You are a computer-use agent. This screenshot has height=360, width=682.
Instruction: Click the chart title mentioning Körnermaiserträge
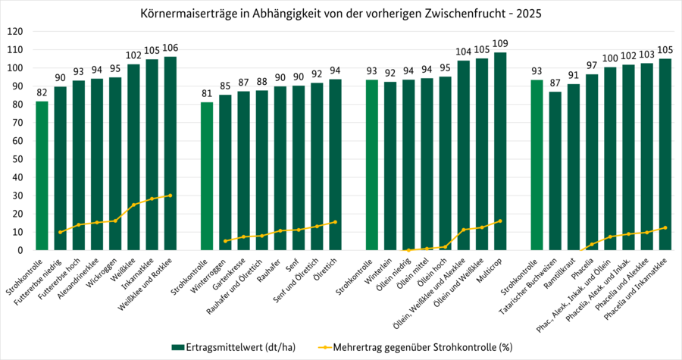coord(341,14)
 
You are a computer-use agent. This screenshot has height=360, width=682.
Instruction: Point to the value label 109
coord(500,43)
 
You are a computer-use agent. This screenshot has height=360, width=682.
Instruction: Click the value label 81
coord(207,94)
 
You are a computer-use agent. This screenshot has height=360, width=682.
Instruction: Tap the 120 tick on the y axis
coord(15,32)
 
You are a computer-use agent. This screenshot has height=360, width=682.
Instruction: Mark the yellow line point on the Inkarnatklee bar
coord(152,199)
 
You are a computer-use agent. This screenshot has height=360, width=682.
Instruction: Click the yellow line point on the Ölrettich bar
coord(335,222)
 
